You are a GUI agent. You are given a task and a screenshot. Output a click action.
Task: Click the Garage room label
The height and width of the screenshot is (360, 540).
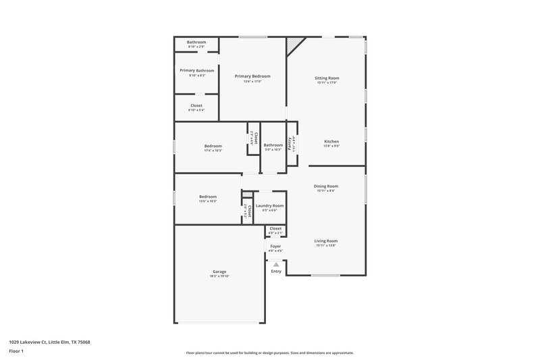coord(219,272)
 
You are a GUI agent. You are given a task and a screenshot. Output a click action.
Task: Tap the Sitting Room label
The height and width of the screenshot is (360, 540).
coord(327,78)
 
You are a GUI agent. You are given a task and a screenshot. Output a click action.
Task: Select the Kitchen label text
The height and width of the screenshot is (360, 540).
coord(331,141)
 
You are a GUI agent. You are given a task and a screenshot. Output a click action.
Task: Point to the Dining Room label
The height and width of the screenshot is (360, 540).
coord(326,186)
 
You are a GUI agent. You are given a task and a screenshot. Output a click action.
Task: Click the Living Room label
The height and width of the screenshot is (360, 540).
coord(326,240)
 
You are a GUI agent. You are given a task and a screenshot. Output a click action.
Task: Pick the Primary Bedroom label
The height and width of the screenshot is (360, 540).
coord(252,76)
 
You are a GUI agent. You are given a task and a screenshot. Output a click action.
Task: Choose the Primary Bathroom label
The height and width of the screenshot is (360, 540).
coord(196,70)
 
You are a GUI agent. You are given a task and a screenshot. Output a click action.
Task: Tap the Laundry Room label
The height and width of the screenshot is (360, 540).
coord(269,205)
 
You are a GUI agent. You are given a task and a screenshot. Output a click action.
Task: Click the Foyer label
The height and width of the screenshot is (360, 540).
coord(275,247)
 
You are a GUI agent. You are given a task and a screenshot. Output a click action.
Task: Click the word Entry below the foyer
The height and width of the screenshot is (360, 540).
coord(276,271)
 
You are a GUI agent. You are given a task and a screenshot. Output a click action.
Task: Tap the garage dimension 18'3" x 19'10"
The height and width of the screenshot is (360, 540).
coord(219,277)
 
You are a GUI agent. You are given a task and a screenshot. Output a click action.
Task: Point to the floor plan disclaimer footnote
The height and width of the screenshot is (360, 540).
coord(269,353)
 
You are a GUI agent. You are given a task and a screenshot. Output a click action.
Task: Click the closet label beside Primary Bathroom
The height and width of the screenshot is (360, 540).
coord(196,105)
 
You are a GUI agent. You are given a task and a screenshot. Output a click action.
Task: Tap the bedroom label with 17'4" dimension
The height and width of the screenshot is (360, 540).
coord(213,146)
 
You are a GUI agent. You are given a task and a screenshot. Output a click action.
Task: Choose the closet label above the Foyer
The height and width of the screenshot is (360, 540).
coord(275,228)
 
